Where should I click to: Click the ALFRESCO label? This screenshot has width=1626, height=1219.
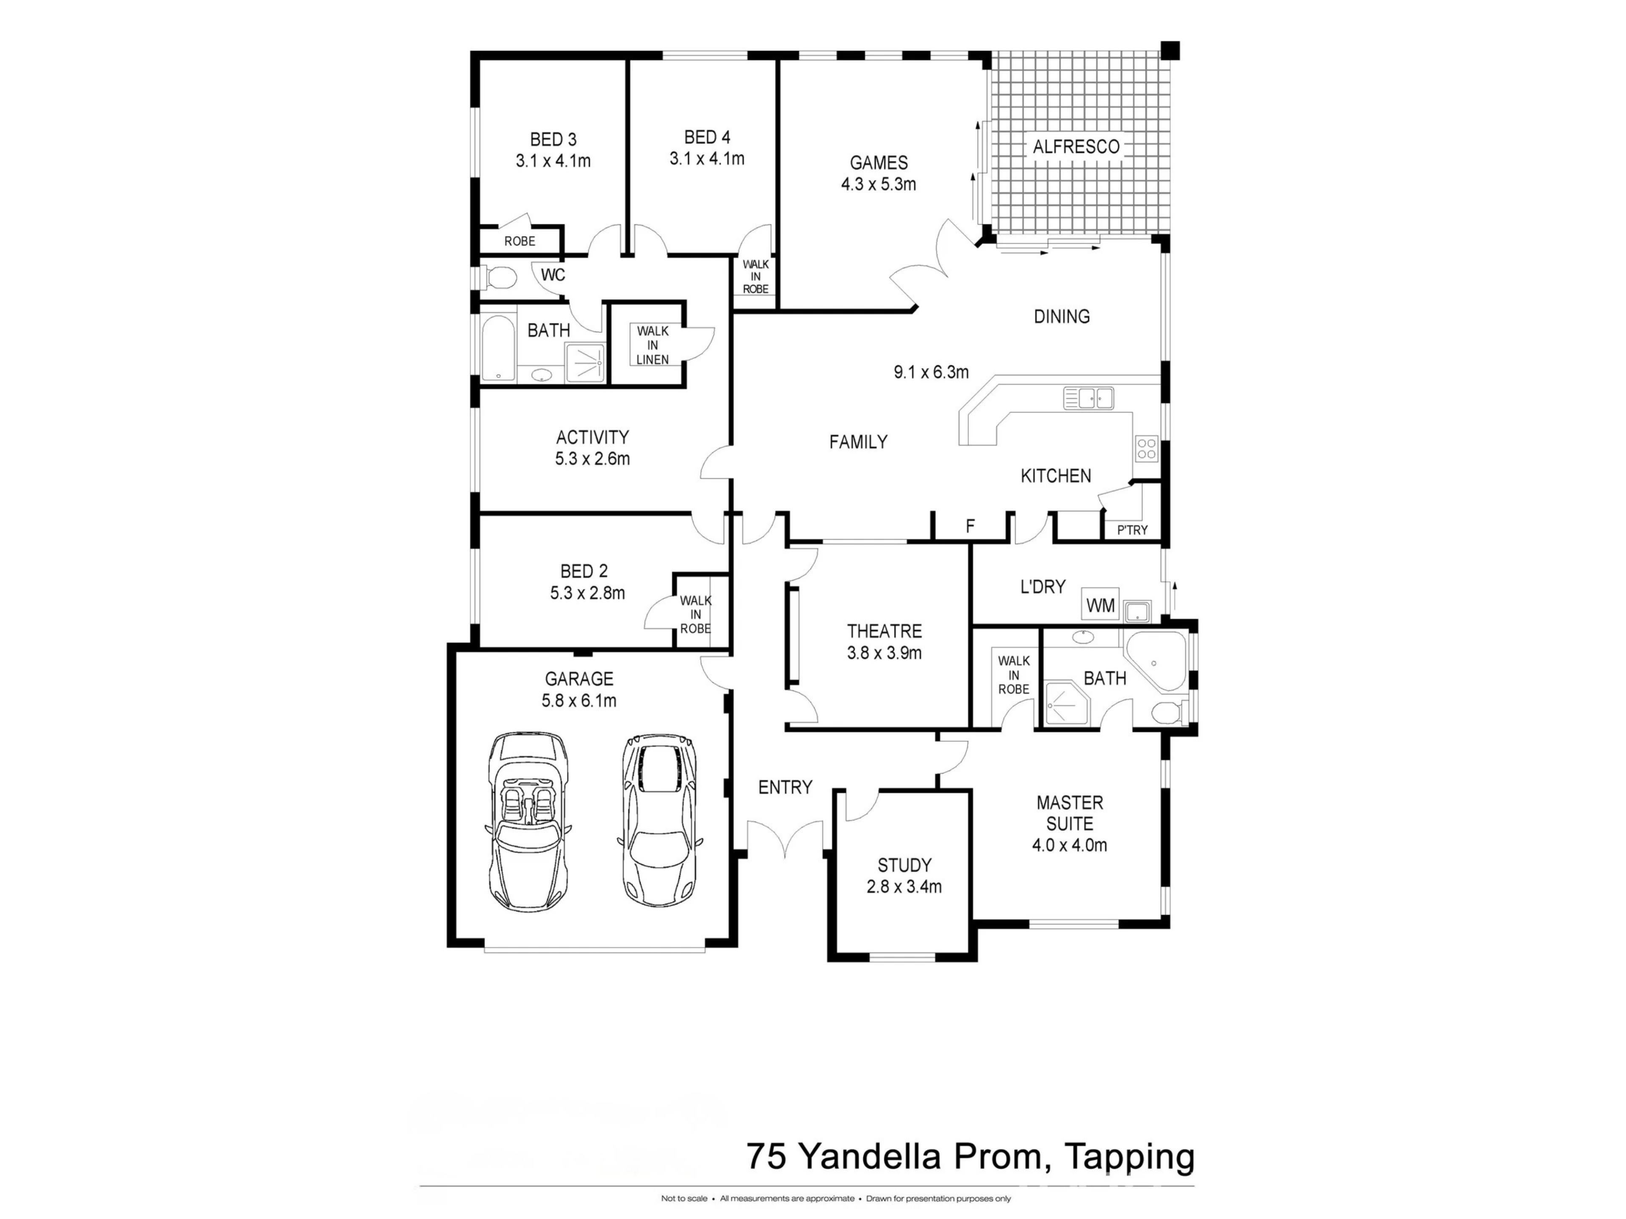[1076, 147]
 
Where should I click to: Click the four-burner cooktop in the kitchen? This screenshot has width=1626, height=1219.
[1147, 448]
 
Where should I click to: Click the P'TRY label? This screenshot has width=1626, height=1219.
[1132, 530]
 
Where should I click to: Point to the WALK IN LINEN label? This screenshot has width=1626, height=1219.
[653, 345]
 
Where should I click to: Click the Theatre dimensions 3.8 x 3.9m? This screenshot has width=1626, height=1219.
[884, 653]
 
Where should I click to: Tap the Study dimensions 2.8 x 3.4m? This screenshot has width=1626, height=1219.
[904, 886]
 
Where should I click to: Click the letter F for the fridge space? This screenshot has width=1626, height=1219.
[971, 526]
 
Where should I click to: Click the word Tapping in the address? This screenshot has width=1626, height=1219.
[1130, 1157]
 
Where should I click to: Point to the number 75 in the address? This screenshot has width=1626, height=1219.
[767, 1156]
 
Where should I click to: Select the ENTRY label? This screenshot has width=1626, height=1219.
[785, 788]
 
